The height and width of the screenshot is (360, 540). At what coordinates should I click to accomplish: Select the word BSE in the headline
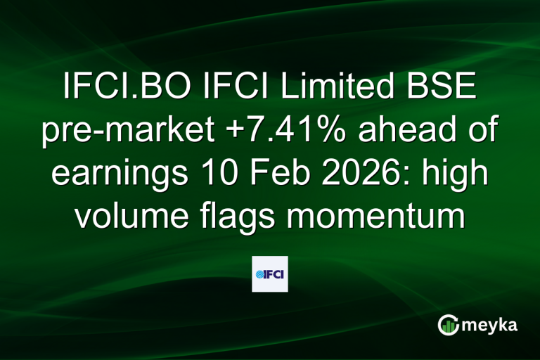point(448,89)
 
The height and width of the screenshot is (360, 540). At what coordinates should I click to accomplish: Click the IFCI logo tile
point(270,274)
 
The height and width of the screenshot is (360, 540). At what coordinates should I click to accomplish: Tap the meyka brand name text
point(491,325)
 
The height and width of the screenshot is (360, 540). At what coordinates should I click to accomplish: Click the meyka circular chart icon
point(447,325)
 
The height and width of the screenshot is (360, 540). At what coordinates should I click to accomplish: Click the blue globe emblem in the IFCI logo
point(259,274)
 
